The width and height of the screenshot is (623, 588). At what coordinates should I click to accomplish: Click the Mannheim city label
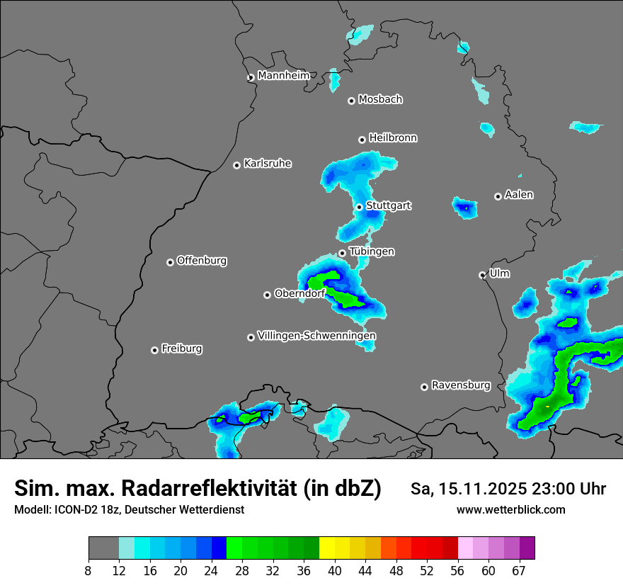283,75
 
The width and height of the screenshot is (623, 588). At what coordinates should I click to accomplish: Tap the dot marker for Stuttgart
360,207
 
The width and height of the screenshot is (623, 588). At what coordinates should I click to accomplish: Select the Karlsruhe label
268,164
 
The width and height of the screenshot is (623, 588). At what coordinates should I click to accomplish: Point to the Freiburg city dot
154,350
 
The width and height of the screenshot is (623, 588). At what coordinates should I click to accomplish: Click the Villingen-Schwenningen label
316,335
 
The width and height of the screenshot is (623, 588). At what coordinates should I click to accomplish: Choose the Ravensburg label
461,385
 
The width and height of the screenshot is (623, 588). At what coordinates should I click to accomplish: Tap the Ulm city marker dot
482,275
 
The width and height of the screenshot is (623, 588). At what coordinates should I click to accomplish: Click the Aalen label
519,194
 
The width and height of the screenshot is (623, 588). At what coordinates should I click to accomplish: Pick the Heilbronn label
393,137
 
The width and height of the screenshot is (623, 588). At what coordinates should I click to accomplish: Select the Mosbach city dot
351,101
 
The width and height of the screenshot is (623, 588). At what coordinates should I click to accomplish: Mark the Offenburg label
202,260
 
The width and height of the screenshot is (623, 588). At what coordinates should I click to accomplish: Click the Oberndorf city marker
267,295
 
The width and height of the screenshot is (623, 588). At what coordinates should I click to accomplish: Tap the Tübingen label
372,251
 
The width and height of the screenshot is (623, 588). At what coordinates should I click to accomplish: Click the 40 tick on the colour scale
335,571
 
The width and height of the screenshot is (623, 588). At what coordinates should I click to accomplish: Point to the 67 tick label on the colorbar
519,571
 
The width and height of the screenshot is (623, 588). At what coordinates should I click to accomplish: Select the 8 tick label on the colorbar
88,571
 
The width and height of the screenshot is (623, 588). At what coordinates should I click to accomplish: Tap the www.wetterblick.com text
510,509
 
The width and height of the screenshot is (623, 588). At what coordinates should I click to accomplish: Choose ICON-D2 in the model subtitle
75,509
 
